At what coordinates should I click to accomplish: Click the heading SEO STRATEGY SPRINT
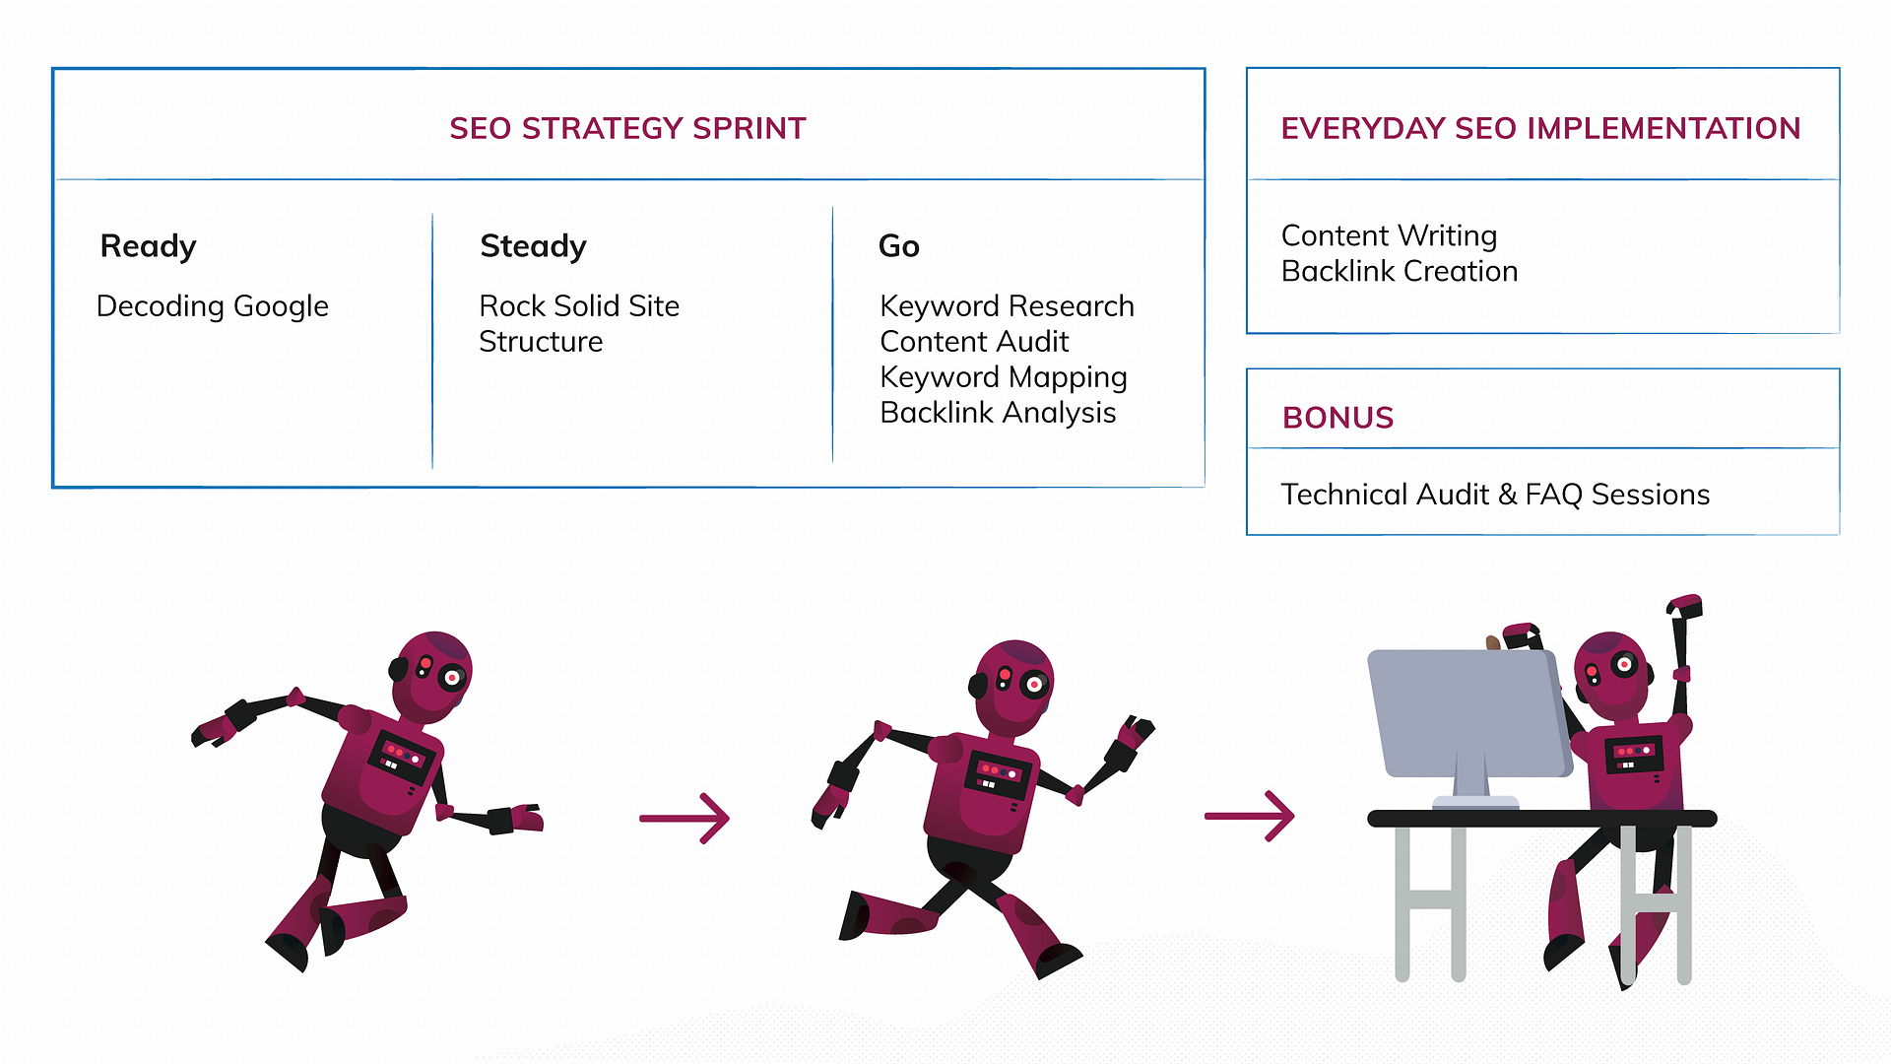coord(627,128)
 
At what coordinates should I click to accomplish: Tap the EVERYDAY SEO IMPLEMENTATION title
coord(1540,128)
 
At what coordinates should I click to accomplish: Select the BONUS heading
coord(1337,418)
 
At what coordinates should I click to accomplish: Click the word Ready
coord(148,246)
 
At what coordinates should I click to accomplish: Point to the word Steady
coord(533,246)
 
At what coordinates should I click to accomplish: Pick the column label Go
coord(898,245)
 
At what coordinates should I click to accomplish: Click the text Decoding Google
coord(213,306)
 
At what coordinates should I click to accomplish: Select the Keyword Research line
coord(1007,306)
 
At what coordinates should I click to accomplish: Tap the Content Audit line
coord(974,341)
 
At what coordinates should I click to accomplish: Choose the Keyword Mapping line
coord(1004,377)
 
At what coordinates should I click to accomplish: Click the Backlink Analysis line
coord(998,413)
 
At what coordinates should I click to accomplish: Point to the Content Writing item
coord(1389,236)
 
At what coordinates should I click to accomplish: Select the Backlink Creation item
coord(1400,271)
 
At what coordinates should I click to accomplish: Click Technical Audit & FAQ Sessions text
coord(1495,495)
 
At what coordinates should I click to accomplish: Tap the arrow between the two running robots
coord(685,818)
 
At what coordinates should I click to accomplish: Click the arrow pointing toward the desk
coord(1250,816)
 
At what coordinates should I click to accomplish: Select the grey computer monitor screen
coord(1468,712)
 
